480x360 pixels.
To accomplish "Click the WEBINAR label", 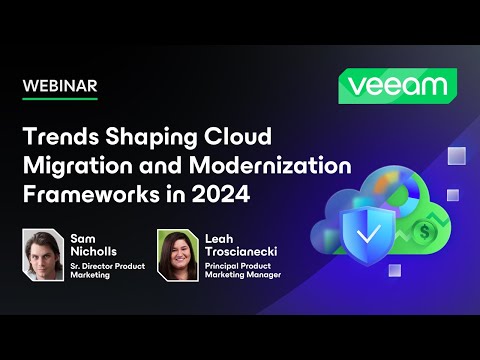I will tap(61, 86).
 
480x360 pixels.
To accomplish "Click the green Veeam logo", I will tap(397, 86).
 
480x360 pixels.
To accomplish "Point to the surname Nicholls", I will tap(95, 253).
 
